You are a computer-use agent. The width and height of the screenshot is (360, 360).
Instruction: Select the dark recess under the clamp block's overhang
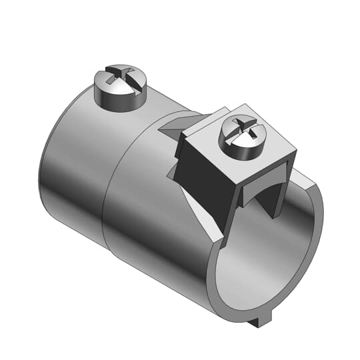click(257, 193)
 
